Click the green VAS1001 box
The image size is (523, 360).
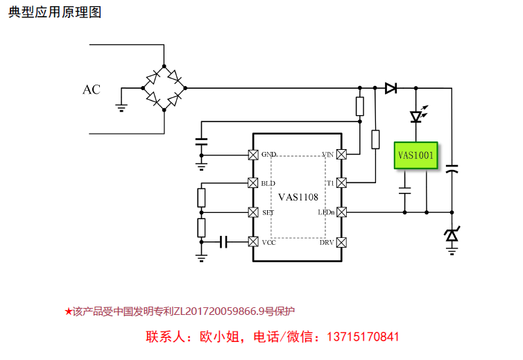(415, 155)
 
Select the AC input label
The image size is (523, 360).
(92, 89)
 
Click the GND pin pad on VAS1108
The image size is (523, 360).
(253, 154)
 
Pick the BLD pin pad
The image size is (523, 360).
(253, 183)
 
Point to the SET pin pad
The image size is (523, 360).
(253, 212)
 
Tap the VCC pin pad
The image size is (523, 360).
(253, 241)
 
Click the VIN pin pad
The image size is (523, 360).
(341, 154)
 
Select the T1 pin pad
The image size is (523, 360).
(341, 183)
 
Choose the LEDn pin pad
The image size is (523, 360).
(341, 212)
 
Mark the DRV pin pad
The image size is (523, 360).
(341, 241)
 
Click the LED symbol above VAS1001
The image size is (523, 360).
(416, 116)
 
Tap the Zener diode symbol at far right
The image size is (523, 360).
(452, 236)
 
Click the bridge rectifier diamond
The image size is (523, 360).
(164, 89)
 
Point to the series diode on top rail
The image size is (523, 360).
(391, 88)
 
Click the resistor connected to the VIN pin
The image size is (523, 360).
(359, 106)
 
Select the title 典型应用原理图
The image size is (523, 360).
(55, 12)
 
